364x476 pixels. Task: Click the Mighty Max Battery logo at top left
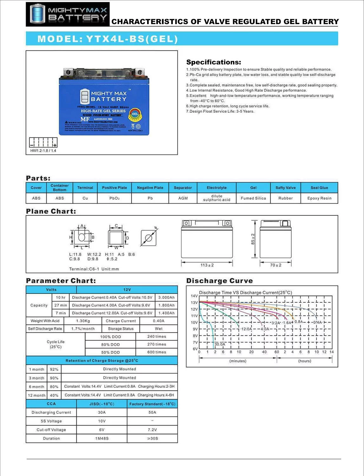point(68,14)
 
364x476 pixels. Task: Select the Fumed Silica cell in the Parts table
point(253,198)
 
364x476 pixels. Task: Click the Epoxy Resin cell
point(319,198)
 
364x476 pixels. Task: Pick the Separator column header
point(183,188)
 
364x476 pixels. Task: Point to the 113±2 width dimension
point(207,265)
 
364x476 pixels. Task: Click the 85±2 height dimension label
point(253,239)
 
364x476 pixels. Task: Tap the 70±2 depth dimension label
point(276,265)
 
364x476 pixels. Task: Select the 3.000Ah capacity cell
point(166,298)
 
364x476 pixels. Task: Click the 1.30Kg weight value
point(83,321)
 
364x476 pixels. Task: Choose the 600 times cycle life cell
point(157,352)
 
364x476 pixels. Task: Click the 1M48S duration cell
point(102,439)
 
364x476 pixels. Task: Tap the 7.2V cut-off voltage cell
point(153,430)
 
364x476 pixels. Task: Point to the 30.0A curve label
point(220,344)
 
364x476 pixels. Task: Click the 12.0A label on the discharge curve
point(246,329)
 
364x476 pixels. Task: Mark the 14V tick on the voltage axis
point(194,296)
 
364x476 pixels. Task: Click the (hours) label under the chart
point(305,361)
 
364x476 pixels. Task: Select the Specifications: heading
point(214,62)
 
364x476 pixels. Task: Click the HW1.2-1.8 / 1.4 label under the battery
point(43,151)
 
